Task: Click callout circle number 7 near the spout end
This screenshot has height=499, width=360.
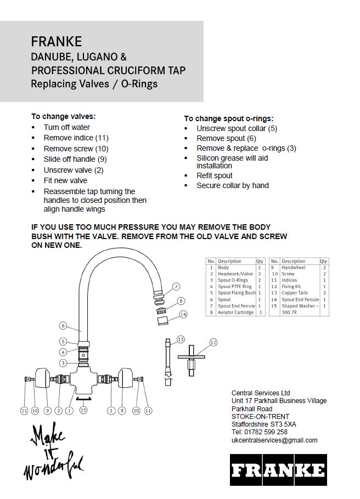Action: (x=176, y=286)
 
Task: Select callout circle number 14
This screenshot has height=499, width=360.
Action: (x=183, y=314)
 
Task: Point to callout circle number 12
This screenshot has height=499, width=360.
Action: (x=213, y=342)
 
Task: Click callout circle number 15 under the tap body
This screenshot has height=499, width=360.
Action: (x=83, y=410)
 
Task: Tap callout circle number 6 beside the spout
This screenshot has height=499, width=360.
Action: (x=63, y=325)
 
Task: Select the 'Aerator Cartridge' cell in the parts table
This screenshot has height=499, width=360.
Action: (x=235, y=312)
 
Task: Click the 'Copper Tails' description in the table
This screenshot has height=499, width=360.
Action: (x=295, y=293)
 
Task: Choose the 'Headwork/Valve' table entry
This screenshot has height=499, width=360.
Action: (x=235, y=274)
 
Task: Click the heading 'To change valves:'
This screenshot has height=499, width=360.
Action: (x=63, y=116)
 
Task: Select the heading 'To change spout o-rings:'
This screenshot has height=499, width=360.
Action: (x=228, y=118)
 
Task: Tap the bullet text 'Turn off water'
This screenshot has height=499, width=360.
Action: (x=66, y=127)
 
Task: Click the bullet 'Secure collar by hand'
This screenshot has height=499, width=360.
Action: (x=233, y=185)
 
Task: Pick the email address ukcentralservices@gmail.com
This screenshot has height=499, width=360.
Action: (x=274, y=440)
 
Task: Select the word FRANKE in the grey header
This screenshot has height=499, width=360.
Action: (x=57, y=42)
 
